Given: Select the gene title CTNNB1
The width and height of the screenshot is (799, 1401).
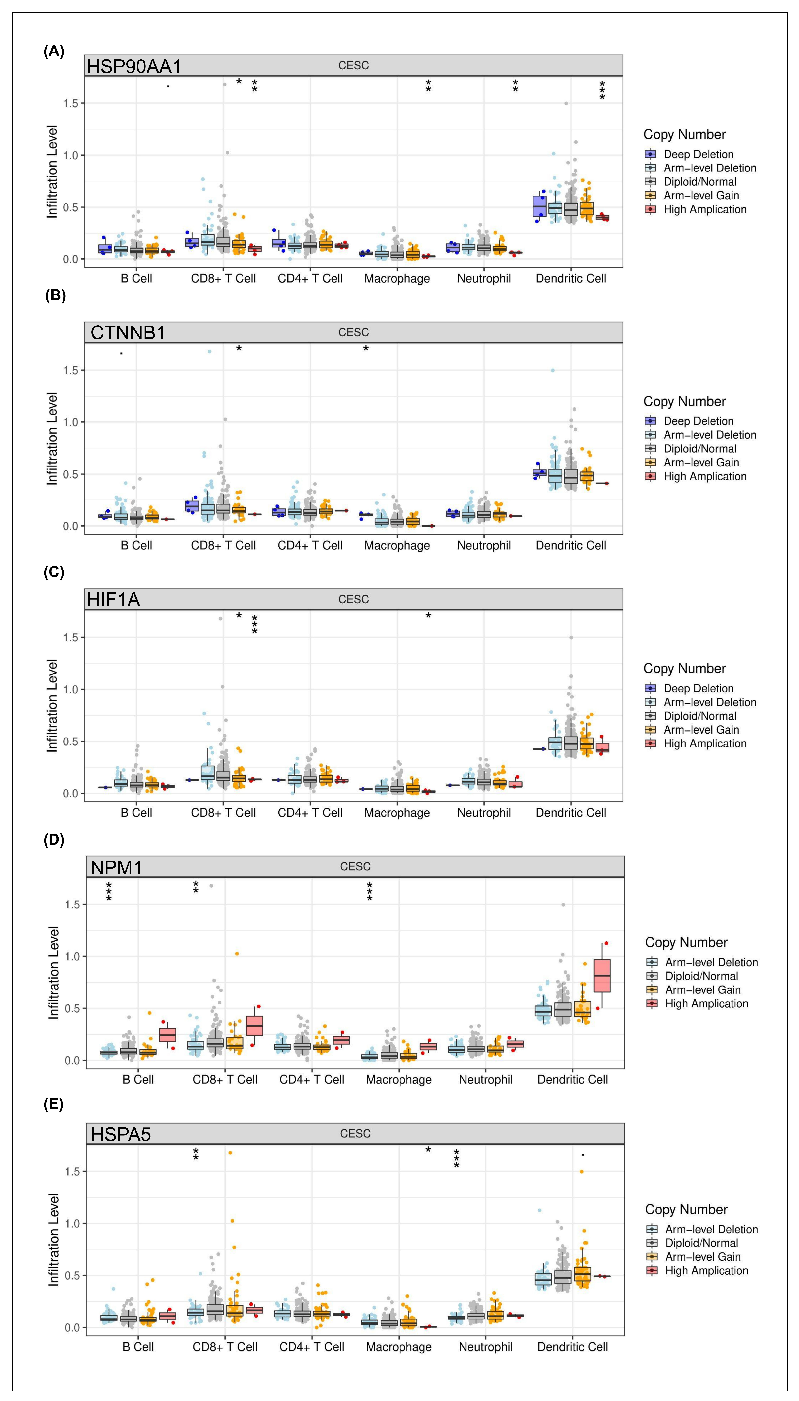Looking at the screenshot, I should point(128,333).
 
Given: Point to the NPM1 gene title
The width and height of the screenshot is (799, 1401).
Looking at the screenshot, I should point(116,867).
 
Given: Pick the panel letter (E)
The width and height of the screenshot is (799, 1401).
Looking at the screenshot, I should point(53,1105).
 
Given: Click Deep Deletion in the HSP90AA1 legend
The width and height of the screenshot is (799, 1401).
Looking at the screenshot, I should point(698,154).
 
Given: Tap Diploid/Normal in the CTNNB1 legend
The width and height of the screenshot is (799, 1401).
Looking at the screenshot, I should point(700,449).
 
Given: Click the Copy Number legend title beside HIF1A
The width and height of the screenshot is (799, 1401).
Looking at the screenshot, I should point(684,669).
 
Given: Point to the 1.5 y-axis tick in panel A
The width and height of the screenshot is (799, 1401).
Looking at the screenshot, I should point(71,103).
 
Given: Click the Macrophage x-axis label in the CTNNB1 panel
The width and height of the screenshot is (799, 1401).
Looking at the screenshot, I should point(397,546).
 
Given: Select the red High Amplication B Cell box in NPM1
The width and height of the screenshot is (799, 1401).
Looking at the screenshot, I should point(167,1035).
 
